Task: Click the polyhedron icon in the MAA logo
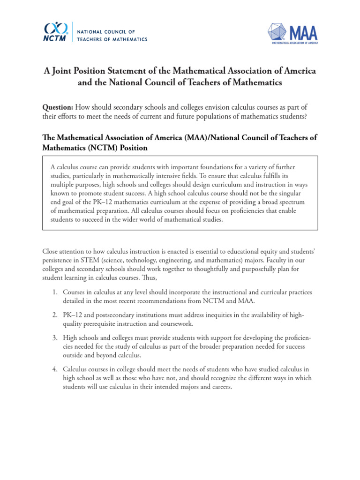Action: [x=277, y=33]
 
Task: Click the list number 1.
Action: [x=54, y=292]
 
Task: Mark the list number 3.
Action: [x=54, y=337]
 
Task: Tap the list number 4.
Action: [x=54, y=369]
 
